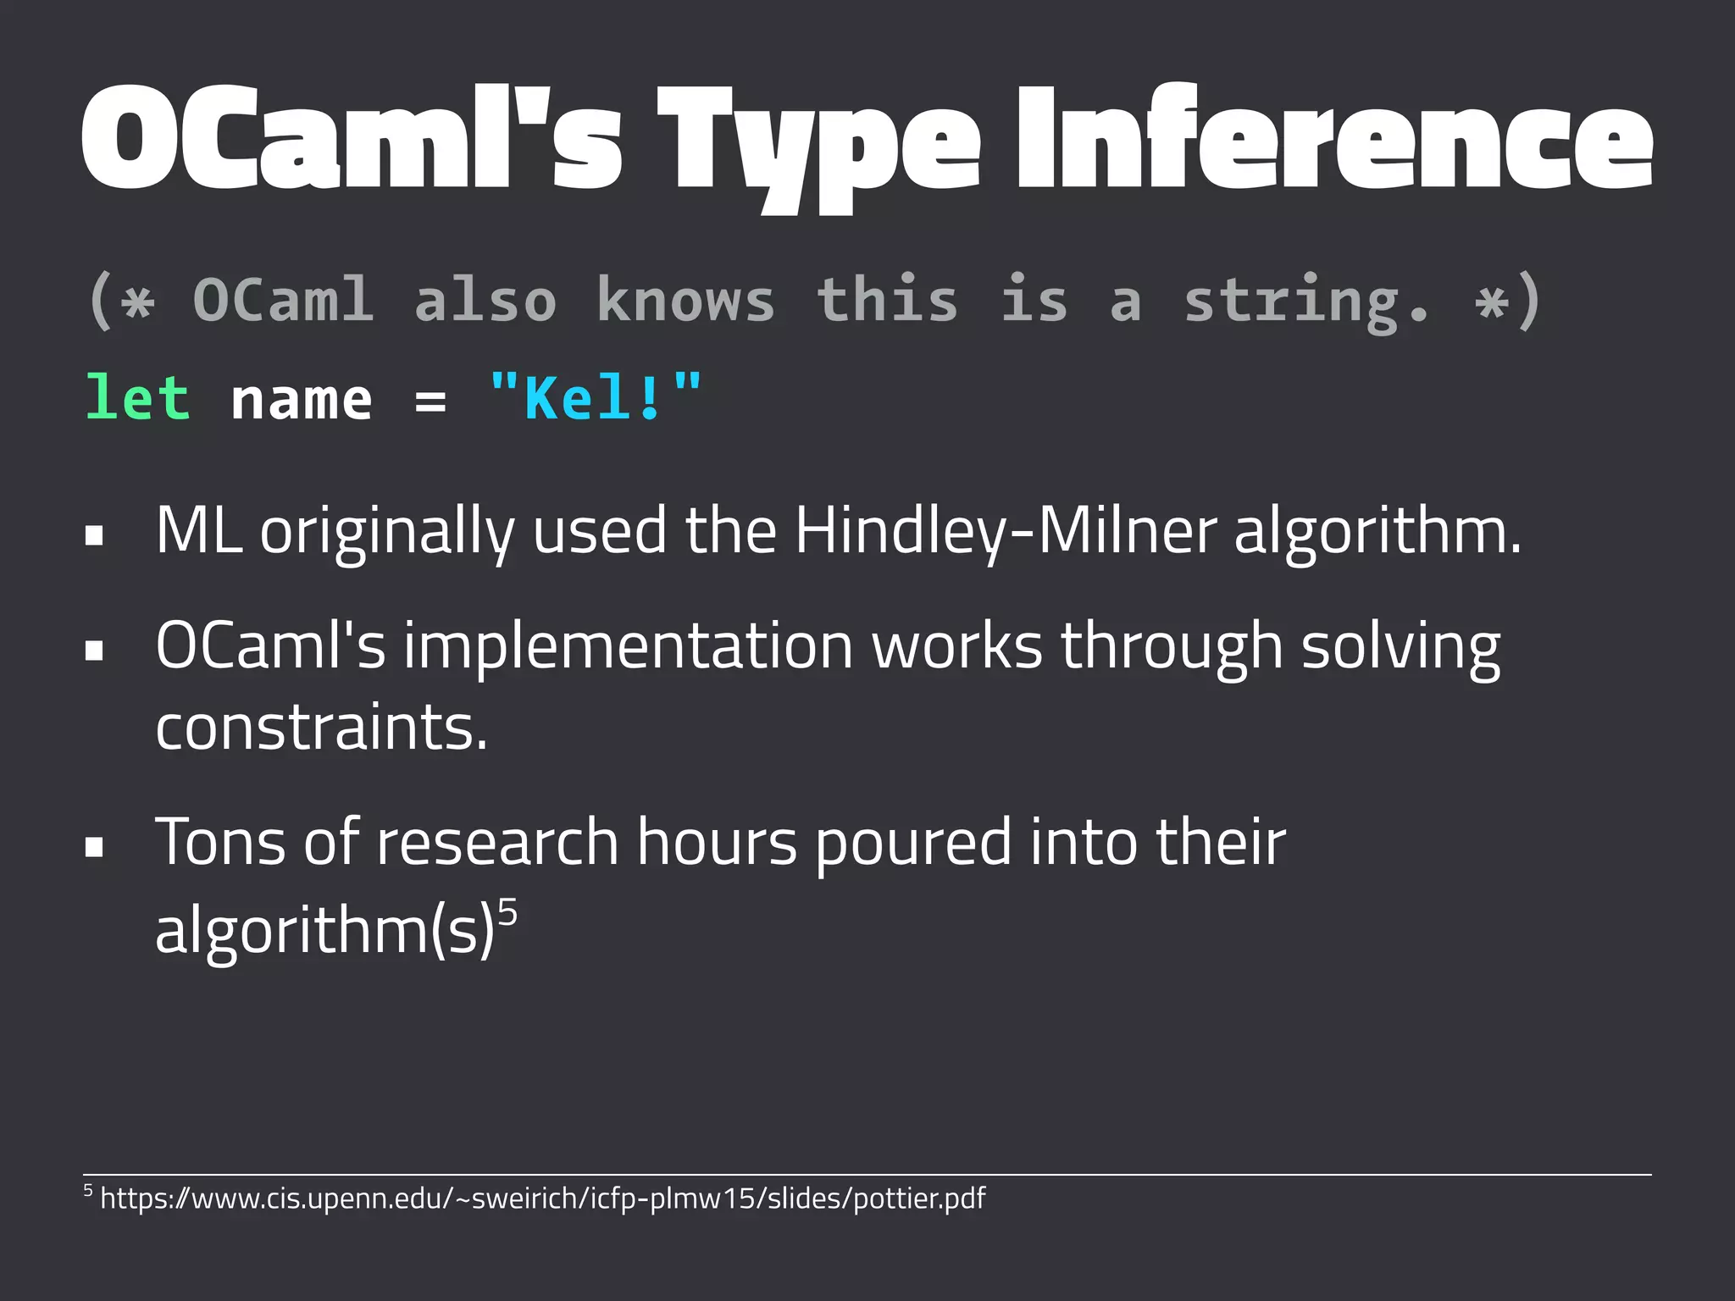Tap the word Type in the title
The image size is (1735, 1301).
(x=818, y=144)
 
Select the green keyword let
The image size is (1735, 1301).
(x=137, y=398)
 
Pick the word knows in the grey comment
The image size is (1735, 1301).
(x=685, y=300)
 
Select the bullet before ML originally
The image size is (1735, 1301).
(x=94, y=535)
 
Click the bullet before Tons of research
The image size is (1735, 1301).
(x=94, y=846)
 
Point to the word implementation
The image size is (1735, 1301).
(x=627, y=646)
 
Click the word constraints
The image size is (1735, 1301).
(x=321, y=728)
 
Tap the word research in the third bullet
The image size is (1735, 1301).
(x=497, y=843)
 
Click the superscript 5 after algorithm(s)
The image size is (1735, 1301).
(x=507, y=914)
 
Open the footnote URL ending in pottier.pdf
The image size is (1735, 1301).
(x=542, y=1199)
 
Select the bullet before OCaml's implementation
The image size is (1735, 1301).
(x=94, y=650)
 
